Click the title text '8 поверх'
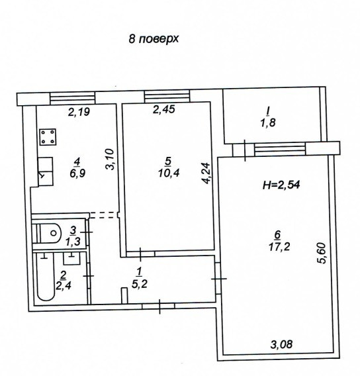click(x=154, y=39)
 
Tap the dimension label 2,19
click(x=79, y=112)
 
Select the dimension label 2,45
click(x=165, y=111)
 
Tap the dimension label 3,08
click(x=281, y=344)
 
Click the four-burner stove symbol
click(x=47, y=137)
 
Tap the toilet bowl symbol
click(x=48, y=232)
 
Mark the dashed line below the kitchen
click(x=102, y=214)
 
